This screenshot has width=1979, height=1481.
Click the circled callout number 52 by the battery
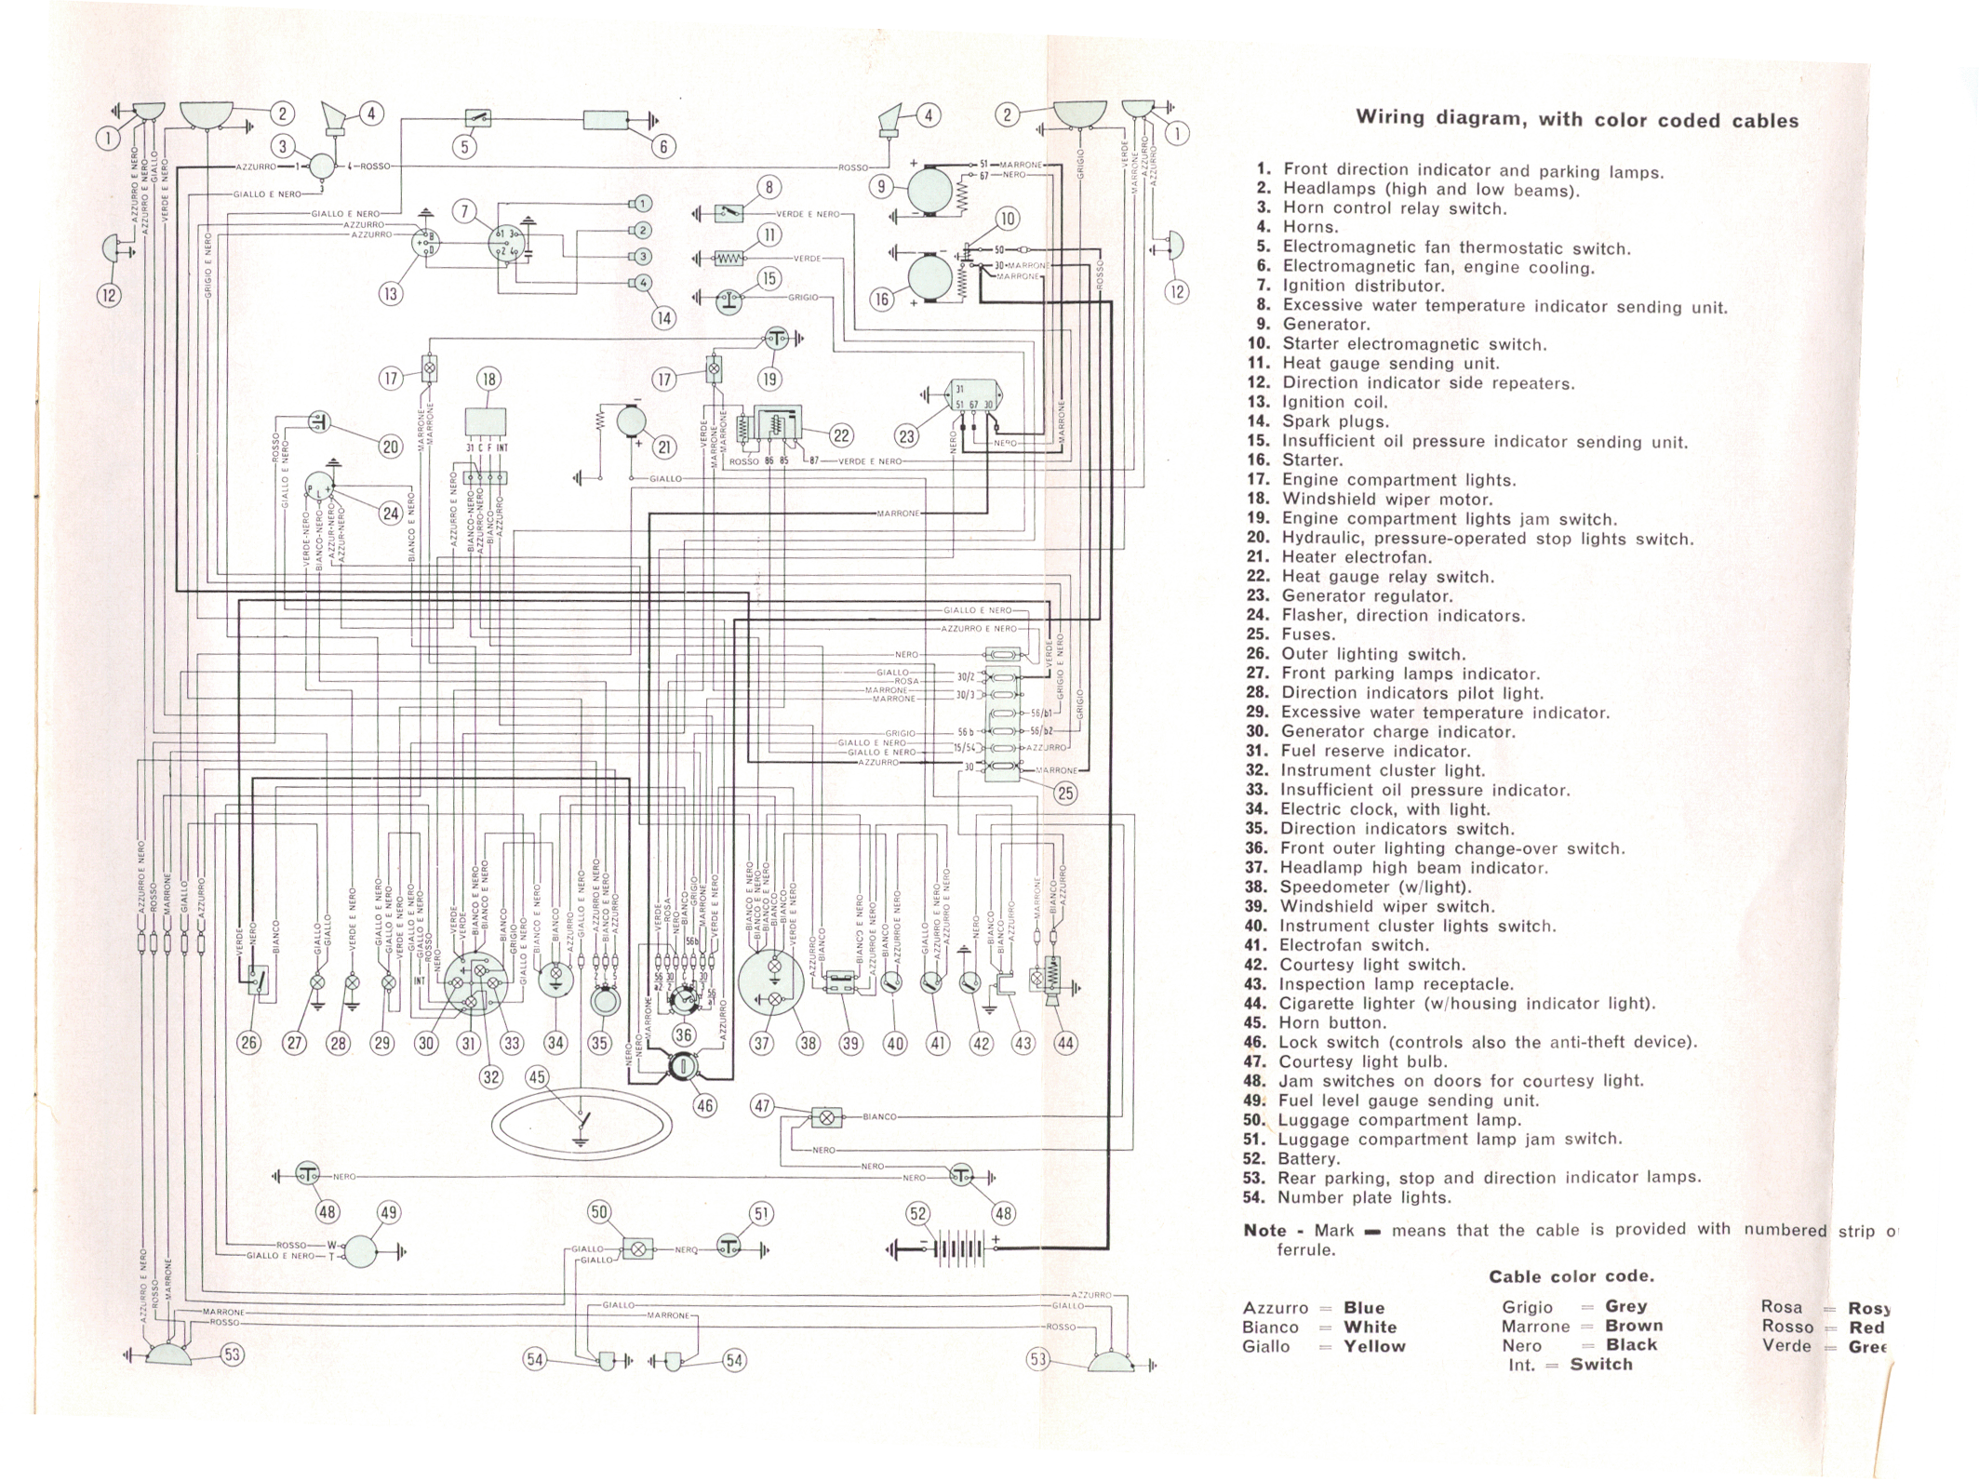click(x=918, y=1213)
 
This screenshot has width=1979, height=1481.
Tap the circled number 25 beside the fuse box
click(x=1065, y=793)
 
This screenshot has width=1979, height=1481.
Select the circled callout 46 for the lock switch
click(x=705, y=1105)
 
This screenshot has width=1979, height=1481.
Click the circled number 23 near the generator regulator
click(x=906, y=435)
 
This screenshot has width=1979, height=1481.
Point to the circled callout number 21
click(x=664, y=447)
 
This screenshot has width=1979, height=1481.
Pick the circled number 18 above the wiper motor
click(x=488, y=379)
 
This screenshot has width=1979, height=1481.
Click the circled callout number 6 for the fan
click(x=663, y=146)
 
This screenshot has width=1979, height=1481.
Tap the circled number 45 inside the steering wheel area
click(x=537, y=1077)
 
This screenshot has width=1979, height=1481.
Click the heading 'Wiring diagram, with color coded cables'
click(x=1576, y=119)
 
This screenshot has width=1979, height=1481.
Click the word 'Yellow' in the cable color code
click(x=1373, y=1346)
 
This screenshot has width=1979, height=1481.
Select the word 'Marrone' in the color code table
click(x=1535, y=1327)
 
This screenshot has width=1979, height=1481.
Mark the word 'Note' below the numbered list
click(x=1265, y=1230)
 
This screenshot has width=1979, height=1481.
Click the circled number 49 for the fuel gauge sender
click(x=388, y=1212)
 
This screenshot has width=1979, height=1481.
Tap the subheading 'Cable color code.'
click(x=1571, y=1276)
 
